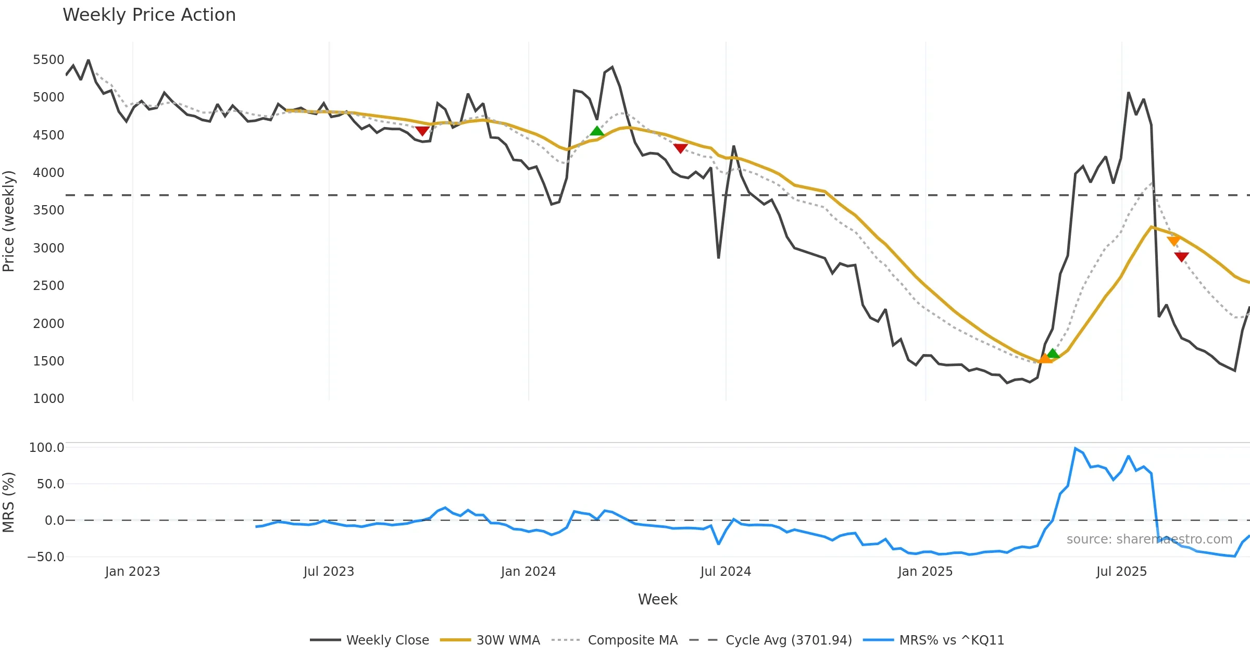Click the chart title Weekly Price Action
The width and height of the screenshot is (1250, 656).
[149, 15]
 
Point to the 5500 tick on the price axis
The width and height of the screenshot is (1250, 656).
[48, 60]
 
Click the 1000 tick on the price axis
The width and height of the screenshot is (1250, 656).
[48, 399]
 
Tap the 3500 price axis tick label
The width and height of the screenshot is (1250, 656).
[48, 210]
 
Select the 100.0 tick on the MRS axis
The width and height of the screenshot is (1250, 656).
[47, 448]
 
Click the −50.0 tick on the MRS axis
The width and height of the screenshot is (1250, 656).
[46, 557]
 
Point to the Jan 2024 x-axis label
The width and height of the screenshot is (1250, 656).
[528, 572]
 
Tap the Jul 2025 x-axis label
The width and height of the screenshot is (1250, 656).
[1121, 572]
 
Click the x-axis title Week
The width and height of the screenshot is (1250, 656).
[657, 600]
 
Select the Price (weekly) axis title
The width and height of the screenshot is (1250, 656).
[9, 221]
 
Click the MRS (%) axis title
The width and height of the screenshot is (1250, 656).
[9, 502]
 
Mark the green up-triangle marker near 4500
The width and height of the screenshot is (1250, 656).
[597, 131]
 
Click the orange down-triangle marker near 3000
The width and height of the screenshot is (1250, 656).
[1174, 241]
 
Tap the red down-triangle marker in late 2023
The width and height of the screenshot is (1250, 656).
[422, 131]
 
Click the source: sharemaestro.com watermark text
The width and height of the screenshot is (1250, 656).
[1149, 539]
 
